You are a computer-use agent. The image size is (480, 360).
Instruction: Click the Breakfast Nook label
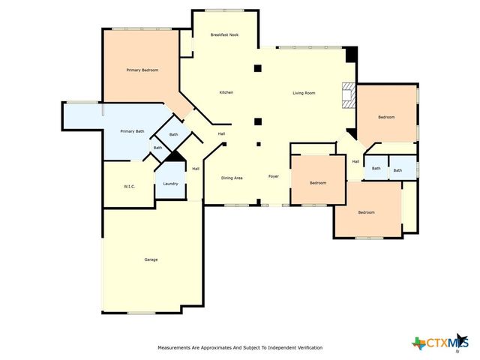(223, 34)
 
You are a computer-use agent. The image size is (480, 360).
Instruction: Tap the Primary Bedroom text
(142, 70)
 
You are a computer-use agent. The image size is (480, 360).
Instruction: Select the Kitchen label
(226, 92)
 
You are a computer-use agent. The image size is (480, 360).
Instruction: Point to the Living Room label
(304, 92)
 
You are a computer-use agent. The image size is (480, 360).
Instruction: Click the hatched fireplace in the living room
(347, 95)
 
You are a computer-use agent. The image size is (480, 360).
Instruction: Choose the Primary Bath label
(133, 132)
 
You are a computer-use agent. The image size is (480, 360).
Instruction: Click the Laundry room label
(170, 184)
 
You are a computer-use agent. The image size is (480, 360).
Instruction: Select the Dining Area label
(232, 178)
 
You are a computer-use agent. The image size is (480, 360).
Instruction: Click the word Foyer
(274, 176)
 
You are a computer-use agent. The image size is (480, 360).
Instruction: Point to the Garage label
(151, 259)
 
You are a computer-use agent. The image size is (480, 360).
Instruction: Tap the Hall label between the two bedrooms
(355, 161)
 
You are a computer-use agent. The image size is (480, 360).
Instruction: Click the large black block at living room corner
(351, 55)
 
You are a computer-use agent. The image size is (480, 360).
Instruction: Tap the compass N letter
(457, 351)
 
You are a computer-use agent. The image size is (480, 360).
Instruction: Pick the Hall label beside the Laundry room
(195, 169)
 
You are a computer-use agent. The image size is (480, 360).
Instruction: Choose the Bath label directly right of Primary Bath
(173, 134)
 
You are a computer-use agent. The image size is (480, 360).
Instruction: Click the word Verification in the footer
(307, 348)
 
